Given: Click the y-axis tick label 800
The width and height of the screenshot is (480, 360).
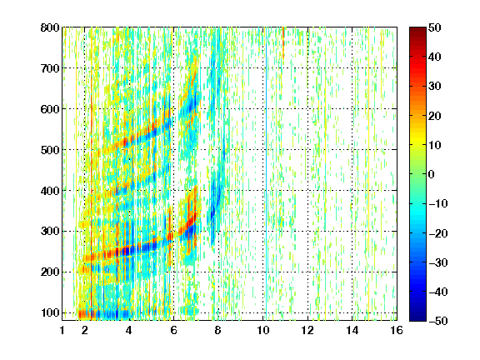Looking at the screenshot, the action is (x=50, y=27).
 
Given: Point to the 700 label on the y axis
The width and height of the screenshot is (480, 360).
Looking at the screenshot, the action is (x=50, y=68).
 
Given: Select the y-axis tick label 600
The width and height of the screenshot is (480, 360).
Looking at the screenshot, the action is (x=50, y=109).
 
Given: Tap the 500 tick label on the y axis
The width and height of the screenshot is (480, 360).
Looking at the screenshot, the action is (x=50, y=150).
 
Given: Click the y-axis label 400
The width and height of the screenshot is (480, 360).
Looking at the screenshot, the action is (x=50, y=191).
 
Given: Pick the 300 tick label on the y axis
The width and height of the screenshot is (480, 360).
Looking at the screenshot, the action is (x=50, y=232).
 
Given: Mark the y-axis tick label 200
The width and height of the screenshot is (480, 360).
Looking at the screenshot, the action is (x=50, y=272).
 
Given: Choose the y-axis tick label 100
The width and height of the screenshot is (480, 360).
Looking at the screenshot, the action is (x=50, y=312).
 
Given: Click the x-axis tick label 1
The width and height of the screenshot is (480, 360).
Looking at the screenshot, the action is (x=62, y=330).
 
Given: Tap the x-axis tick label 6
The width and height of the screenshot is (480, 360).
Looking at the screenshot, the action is (x=173, y=330).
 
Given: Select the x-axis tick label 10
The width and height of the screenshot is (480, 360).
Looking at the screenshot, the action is (x=262, y=330).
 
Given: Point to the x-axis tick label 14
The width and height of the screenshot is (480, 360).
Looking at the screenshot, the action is (x=352, y=330).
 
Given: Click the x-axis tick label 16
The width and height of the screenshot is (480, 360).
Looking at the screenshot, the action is (x=397, y=330).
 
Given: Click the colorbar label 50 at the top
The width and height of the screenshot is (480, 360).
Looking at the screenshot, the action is (x=434, y=27).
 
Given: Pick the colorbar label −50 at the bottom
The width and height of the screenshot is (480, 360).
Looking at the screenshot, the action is (x=438, y=321).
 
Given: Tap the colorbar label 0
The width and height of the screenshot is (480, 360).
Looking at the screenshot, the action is (x=432, y=174).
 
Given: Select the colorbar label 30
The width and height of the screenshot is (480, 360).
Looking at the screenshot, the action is (x=434, y=87).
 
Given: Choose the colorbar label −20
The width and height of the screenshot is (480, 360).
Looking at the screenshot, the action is (x=438, y=233).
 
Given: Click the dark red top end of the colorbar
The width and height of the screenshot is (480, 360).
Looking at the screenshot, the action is (x=417, y=29).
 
